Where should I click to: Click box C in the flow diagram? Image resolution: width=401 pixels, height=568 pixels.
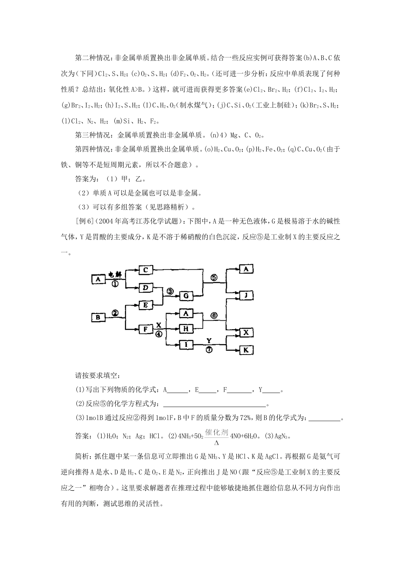145,270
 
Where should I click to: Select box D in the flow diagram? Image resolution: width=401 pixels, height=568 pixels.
145,288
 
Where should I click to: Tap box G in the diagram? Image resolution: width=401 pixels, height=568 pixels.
186,296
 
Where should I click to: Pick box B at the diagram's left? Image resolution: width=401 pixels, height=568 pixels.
98,317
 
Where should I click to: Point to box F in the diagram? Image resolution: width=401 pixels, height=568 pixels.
145,328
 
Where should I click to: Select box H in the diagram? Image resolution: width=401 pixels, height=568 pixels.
186,328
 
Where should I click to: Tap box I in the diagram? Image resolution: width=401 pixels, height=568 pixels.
186,345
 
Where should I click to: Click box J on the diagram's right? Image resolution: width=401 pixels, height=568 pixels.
246,295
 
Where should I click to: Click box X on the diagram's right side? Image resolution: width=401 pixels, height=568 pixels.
246,333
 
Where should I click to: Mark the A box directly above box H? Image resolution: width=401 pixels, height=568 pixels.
186,313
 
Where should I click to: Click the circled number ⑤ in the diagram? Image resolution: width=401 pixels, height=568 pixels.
214,278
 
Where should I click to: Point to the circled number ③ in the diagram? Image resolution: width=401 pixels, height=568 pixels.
170,291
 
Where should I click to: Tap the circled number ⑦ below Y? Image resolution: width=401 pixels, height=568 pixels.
210,350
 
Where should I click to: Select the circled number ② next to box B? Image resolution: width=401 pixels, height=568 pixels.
115,313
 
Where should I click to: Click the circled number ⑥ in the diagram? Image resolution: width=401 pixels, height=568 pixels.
214,315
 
